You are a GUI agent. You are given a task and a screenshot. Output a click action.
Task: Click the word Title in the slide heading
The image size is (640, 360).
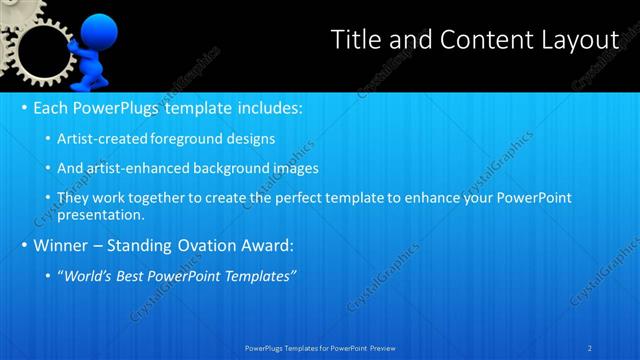[354, 39]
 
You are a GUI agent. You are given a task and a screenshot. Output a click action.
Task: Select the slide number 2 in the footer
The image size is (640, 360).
[590, 347]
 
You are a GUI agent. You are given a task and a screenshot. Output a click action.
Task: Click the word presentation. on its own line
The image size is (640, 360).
[101, 214]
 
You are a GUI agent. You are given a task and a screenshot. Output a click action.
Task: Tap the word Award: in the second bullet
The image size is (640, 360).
[267, 245]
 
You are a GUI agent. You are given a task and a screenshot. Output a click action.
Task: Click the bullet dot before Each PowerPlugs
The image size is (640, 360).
[22, 108]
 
